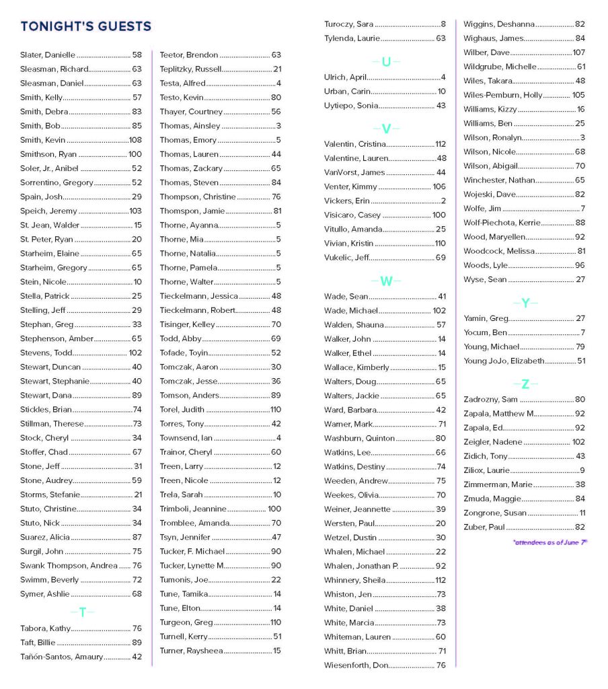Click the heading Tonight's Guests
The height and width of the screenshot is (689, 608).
pyautogui.click(x=86, y=27)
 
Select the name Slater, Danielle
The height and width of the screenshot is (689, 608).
pyautogui.click(x=48, y=55)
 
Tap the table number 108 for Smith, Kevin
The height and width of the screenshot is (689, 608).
pyautogui.click(x=135, y=140)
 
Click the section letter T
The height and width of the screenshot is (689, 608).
pyautogui.click(x=83, y=612)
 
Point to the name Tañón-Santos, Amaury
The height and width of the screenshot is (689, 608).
pyautogui.click(x=62, y=657)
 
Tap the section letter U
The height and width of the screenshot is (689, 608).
pyautogui.click(x=386, y=62)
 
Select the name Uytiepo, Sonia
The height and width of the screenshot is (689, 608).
pyautogui.click(x=351, y=106)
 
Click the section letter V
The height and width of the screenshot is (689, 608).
pyautogui.click(x=386, y=129)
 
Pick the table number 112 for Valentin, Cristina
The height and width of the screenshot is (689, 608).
pyautogui.click(x=441, y=144)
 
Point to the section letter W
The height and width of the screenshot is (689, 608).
pyautogui.click(x=386, y=281)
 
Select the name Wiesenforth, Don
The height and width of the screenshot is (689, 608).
pyautogui.click(x=356, y=665)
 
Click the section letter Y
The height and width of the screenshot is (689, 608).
pyautogui.click(x=526, y=303)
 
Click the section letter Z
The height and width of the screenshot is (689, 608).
pyautogui.click(x=526, y=384)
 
